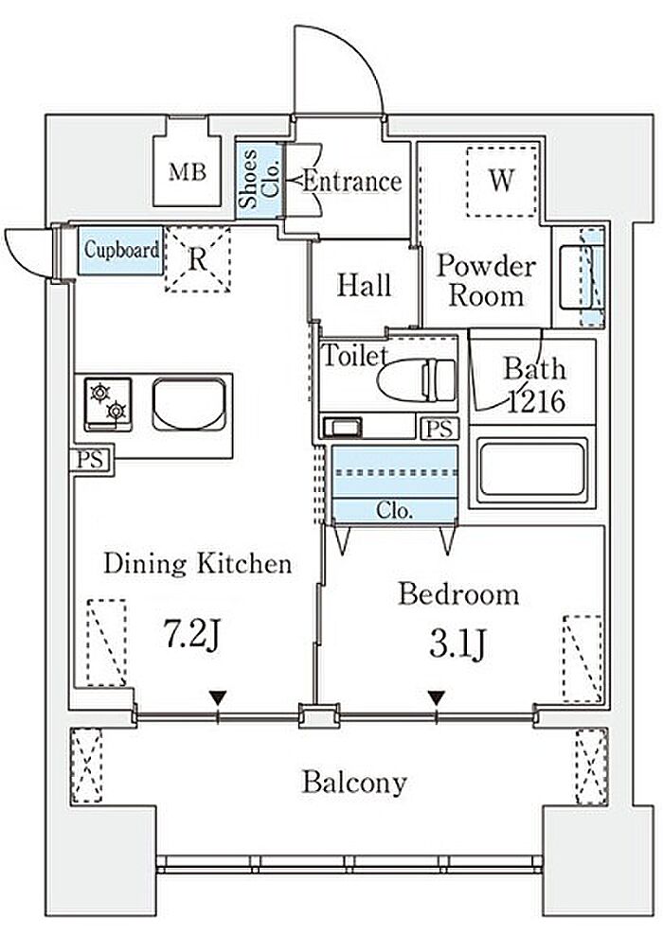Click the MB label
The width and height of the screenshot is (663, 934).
(188, 172)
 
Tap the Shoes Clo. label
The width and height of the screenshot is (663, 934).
(259, 178)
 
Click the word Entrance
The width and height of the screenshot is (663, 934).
(351, 181)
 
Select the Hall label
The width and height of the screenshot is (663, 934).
(364, 285)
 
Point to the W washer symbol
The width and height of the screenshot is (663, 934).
(501, 181)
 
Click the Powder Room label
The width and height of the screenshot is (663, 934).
(486, 280)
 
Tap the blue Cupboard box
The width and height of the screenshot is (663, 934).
(120, 250)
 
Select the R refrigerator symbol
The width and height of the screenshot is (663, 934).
(197, 259)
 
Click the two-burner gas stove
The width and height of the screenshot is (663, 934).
(108, 404)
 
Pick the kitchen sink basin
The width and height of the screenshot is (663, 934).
(188, 404)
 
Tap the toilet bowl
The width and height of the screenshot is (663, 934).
(418, 379)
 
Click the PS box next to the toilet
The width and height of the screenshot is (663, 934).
(439, 429)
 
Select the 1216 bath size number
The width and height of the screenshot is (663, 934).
(535, 401)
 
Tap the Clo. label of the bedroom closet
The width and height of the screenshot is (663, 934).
(394, 510)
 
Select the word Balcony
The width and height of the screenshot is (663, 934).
(354, 783)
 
